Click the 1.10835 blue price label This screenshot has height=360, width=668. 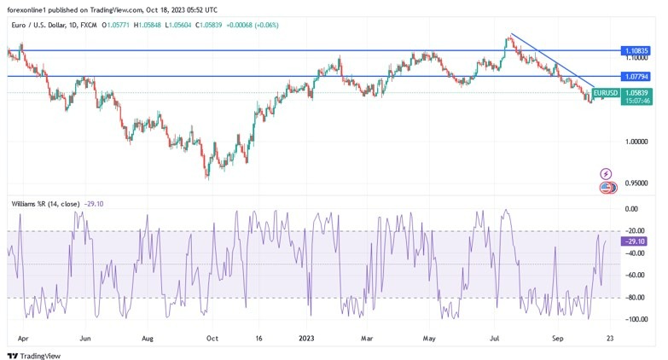[635, 51]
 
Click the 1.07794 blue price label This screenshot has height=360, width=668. [635, 77]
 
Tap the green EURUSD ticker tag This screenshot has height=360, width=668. [605, 92]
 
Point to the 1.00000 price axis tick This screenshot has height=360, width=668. [635, 142]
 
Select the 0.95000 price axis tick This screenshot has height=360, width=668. [635, 183]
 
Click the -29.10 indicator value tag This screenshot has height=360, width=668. [635, 241]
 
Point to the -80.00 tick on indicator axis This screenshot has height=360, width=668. [634, 298]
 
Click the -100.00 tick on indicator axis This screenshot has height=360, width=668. [634, 320]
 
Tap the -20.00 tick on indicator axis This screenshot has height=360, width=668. [634, 231]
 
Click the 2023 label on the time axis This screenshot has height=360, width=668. [307, 338]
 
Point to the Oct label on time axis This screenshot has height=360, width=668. [212, 338]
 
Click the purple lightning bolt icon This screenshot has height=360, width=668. [607, 174]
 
